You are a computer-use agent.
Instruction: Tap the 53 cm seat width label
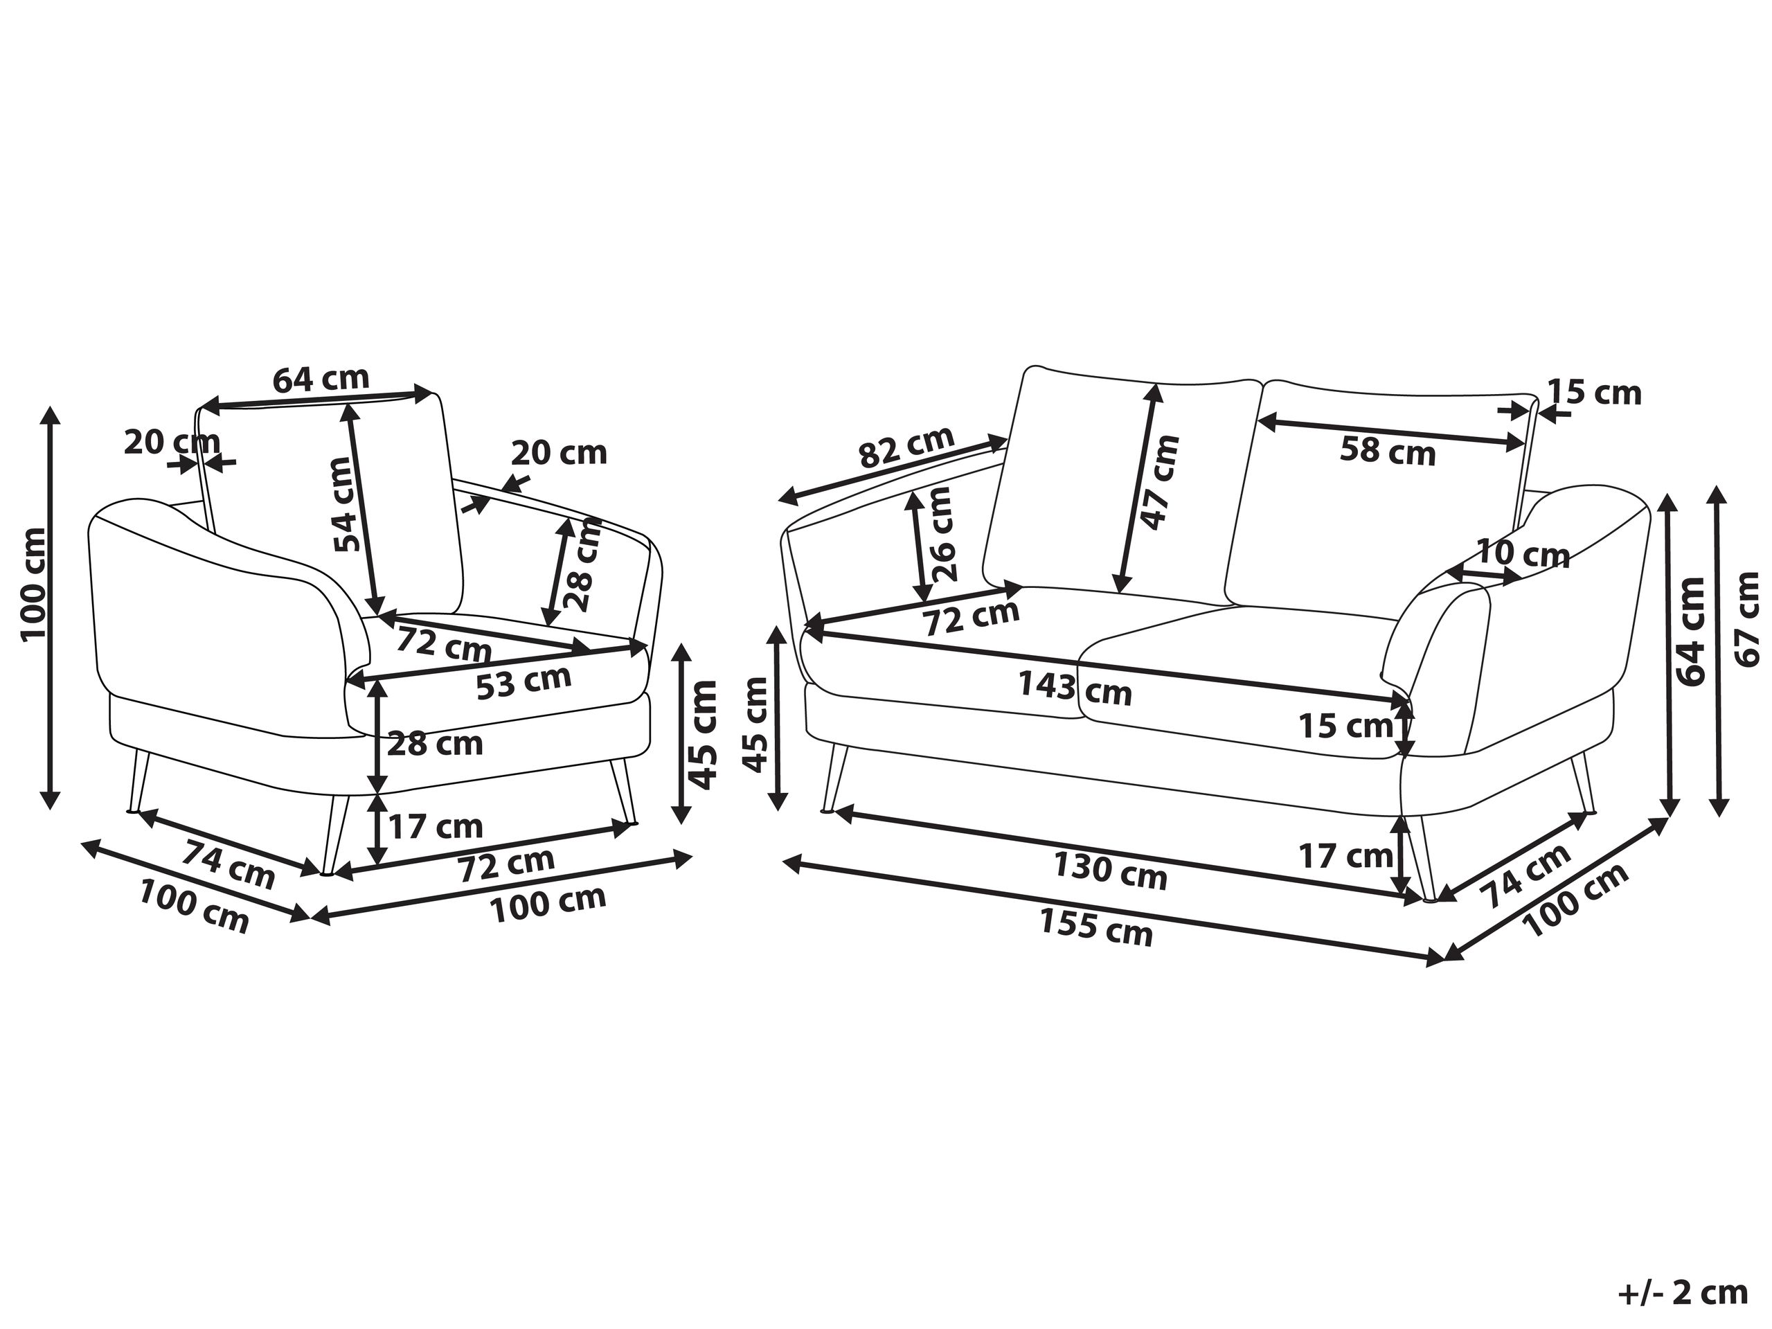[x=524, y=683]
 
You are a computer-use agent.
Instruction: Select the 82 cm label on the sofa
[x=906, y=447]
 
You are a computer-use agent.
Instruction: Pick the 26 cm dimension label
[x=943, y=533]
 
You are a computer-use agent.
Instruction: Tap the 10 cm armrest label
[x=1522, y=553]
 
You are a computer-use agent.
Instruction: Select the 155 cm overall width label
[x=1097, y=927]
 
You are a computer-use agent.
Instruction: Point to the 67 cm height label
[x=1747, y=618]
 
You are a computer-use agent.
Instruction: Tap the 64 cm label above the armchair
[x=321, y=378]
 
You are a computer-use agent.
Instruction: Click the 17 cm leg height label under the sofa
[x=1345, y=857]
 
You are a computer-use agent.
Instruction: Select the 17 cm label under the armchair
[x=436, y=826]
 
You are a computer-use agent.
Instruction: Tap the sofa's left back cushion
[x=1120, y=486]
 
